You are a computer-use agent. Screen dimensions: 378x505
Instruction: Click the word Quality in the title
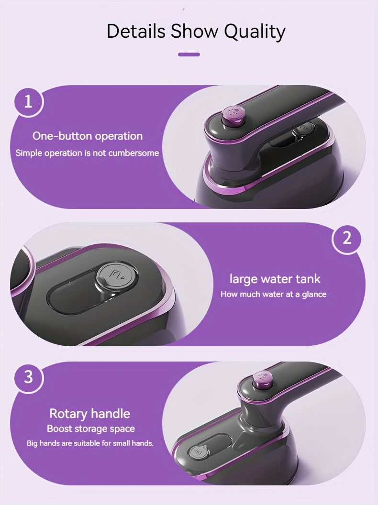[255, 32]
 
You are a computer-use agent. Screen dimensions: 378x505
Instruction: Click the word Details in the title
[136, 31]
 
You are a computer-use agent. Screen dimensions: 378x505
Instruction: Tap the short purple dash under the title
[189, 55]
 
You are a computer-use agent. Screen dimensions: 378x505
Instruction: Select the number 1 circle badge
[28, 102]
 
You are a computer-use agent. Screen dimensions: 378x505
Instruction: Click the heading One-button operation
[88, 136]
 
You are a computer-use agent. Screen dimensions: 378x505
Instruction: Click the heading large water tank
[275, 279]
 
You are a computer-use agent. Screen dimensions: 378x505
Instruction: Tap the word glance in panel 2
[314, 295]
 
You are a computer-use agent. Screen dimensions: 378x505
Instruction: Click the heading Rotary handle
[89, 414]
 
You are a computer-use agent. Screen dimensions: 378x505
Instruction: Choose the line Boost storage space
[91, 428]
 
